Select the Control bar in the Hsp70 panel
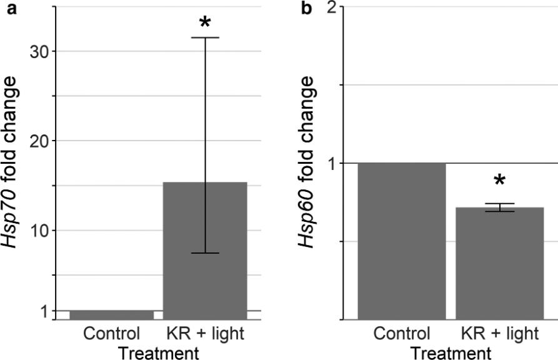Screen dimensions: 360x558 tap(111, 315)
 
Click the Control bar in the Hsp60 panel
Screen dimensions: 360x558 tap(401, 241)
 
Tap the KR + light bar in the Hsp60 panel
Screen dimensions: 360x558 tap(499, 263)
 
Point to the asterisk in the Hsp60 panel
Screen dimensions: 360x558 tap(499, 182)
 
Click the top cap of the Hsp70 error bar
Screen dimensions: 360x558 tap(206, 37)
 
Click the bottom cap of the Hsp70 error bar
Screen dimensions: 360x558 tap(206, 253)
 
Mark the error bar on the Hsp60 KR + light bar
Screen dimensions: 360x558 tap(499, 207)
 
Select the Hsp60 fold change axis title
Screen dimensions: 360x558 tap(307, 162)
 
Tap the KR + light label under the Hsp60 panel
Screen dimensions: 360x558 tap(499, 333)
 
